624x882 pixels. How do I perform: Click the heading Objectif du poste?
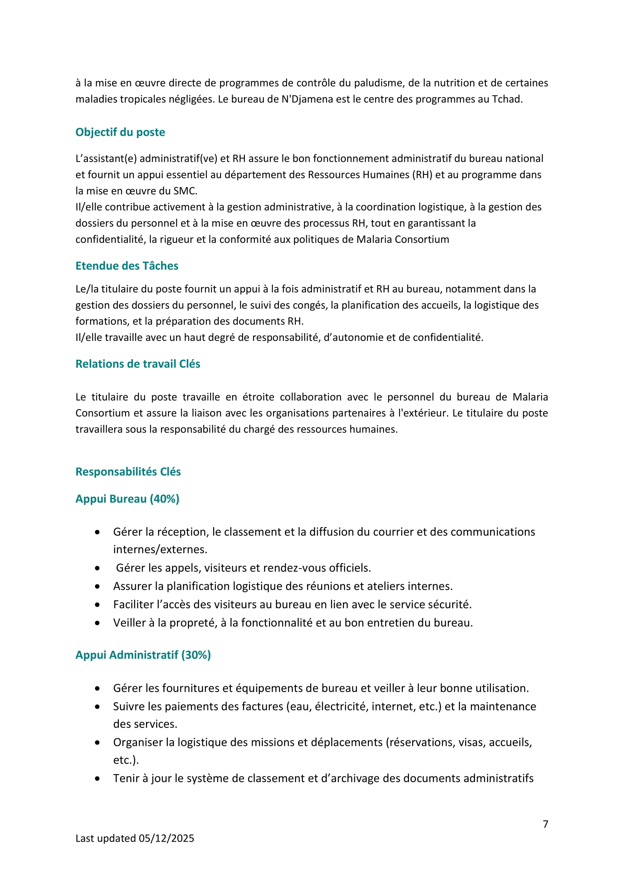[x=120, y=132]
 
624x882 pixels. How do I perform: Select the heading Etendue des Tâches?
[x=127, y=266]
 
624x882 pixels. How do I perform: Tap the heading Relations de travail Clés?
[x=138, y=364]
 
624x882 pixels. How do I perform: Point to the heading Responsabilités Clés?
[x=128, y=471]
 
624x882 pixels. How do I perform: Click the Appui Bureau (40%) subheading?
[x=127, y=499]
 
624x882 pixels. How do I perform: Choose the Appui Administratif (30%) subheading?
[x=143, y=655]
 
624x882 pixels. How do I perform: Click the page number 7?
[x=545, y=824]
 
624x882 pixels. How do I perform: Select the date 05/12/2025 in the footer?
[x=166, y=838]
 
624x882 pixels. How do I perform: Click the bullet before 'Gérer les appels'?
[x=98, y=568]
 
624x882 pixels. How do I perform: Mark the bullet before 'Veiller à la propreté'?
[x=98, y=623]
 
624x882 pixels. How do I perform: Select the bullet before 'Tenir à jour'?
[x=98, y=778]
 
